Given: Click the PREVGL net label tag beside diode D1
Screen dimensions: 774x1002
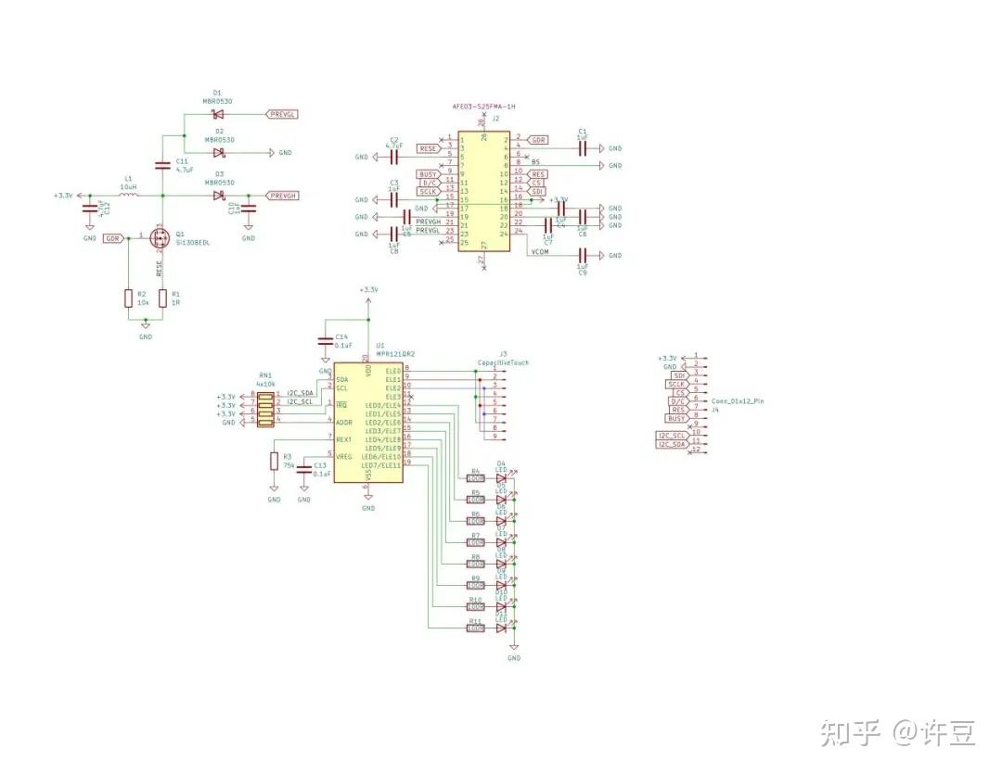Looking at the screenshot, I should click(x=282, y=114).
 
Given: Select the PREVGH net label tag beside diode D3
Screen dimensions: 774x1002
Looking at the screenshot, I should click(x=282, y=196).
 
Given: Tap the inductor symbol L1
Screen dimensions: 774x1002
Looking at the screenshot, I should click(x=128, y=196).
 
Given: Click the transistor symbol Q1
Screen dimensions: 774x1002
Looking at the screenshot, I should click(x=158, y=238).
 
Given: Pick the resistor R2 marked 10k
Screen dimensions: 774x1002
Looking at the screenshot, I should click(x=128, y=298).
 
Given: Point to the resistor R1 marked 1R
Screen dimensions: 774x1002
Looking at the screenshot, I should click(x=163, y=298).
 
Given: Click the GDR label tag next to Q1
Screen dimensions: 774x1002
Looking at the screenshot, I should click(x=113, y=238).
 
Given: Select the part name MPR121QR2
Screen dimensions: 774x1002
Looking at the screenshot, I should click(x=395, y=354).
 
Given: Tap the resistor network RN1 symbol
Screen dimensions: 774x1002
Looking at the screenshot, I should click(x=266, y=409).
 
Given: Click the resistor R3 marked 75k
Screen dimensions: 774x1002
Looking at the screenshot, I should click(x=274, y=461).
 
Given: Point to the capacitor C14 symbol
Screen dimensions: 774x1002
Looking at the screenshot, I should click(x=325, y=341).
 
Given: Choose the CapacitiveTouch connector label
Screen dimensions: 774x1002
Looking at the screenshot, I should click(x=503, y=362).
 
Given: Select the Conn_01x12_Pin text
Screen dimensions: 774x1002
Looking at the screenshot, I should click(x=737, y=400).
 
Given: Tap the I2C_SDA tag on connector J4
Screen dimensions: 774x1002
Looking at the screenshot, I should click(x=672, y=445).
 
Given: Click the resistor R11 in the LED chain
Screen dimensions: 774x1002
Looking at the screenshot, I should click(x=476, y=628).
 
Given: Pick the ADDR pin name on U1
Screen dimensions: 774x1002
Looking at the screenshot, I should click(x=343, y=423).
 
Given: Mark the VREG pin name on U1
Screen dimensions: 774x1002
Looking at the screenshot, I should click(x=343, y=457).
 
